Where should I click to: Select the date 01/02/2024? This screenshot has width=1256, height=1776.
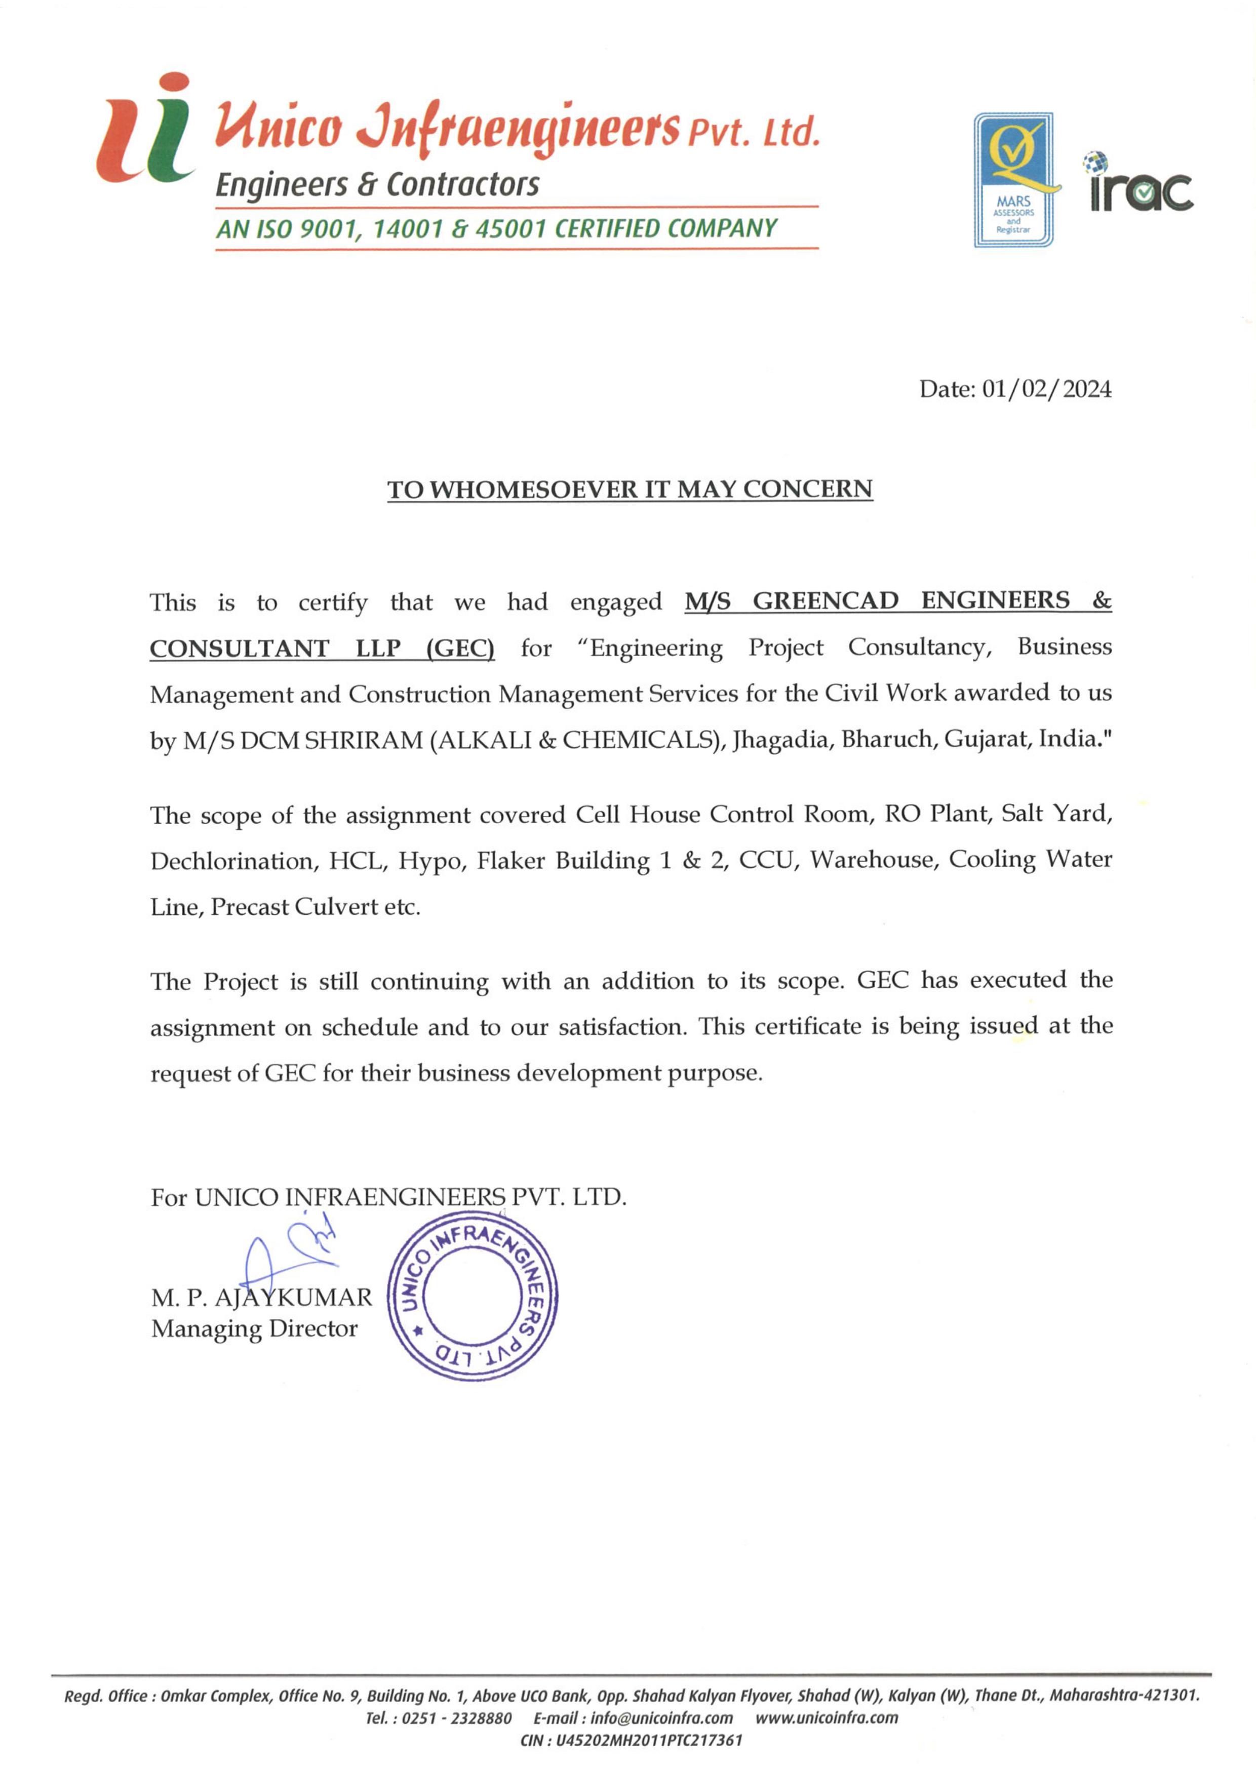[1046, 389]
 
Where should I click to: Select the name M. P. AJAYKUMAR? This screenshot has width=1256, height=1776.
[261, 1297]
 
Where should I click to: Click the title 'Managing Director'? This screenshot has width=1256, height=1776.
[254, 1329]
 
